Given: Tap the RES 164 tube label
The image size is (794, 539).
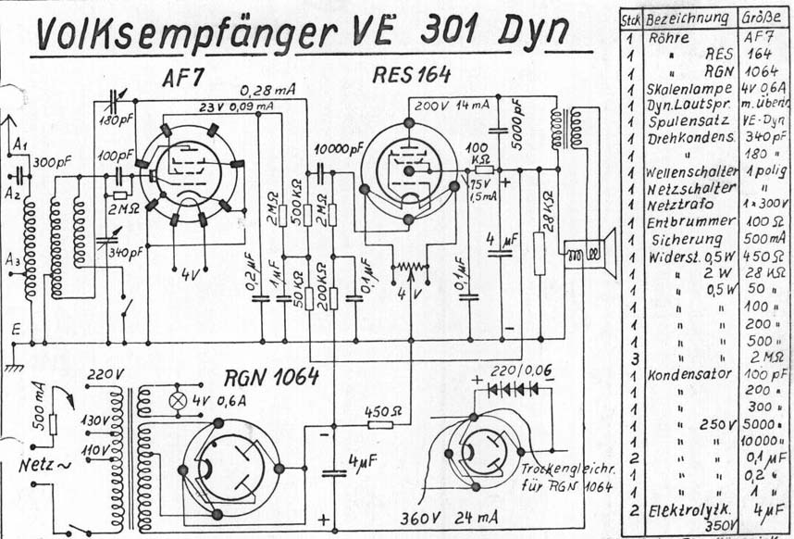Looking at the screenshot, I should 412,75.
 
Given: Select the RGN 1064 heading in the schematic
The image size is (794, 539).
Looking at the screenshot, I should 271,376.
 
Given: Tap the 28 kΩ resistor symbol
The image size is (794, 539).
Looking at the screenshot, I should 540,253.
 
